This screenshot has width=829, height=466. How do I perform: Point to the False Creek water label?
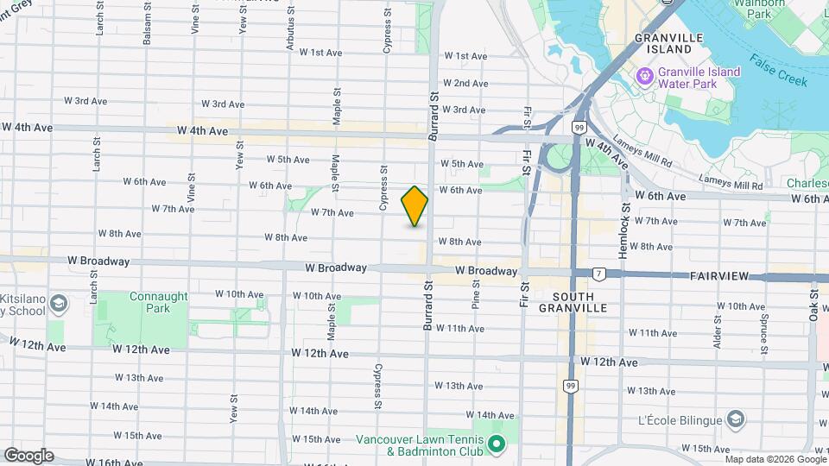778,71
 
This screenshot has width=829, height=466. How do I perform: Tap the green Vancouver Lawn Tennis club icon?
496,445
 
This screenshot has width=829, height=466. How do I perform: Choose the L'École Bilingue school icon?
735,420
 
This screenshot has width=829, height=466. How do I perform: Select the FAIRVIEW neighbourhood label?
723,276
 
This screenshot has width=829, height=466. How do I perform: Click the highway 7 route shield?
598,274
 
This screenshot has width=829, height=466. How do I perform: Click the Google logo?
28,455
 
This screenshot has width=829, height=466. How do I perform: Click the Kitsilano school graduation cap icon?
58,304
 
